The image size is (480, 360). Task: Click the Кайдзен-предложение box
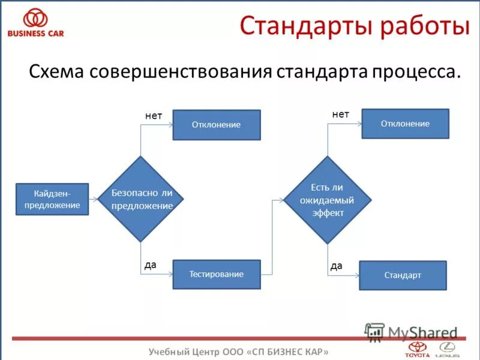(52, 199)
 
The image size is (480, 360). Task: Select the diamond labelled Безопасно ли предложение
(141, 199)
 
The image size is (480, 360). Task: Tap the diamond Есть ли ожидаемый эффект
(327, 199)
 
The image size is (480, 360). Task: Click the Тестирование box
(217, 274)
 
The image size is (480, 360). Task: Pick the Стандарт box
(403, 275)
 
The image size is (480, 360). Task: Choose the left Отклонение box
(217, 125)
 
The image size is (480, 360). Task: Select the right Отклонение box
(405, 124)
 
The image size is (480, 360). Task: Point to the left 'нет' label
(154, 116)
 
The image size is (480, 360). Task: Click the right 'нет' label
(340, 113)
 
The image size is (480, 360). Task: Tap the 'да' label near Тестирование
(150, 264)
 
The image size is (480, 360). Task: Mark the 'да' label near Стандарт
(337, 265)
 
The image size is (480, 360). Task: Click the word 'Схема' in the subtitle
(56, 71)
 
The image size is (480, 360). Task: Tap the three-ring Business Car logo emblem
(35, 17)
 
